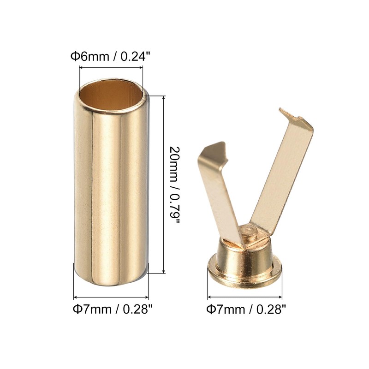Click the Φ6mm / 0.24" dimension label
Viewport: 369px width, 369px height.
[110, 56]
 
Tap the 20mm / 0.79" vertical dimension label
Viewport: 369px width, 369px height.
[175, 185]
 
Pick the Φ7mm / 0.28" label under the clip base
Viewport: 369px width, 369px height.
[246, 309]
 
